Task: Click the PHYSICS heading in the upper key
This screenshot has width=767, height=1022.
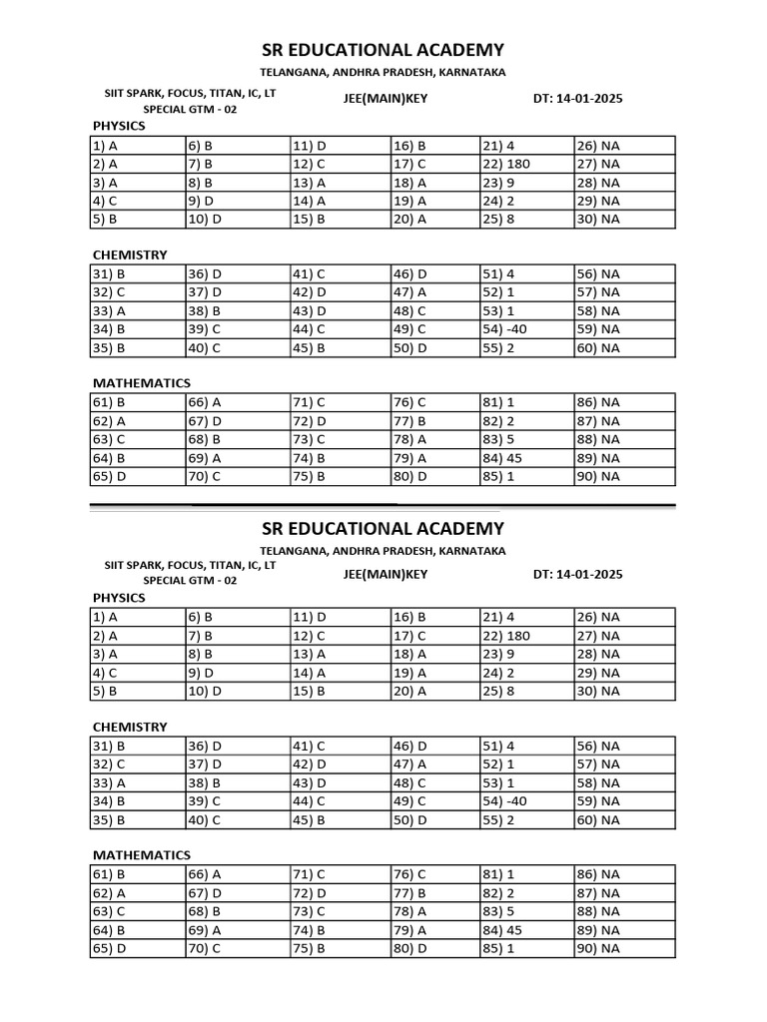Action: pos(119,126)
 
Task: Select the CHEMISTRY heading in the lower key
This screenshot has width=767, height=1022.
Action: pos(130,727)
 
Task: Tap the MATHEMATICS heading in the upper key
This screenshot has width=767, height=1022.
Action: pos(142,383)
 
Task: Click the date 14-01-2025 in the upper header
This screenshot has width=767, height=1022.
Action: pos(578,100)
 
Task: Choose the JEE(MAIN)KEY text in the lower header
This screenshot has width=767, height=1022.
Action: pos(384,574)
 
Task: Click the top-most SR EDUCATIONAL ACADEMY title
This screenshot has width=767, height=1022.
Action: pos(383,50)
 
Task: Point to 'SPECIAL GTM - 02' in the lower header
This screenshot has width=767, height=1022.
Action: pos(190,580)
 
